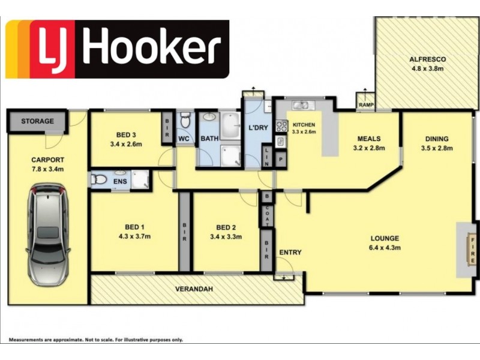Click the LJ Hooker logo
click(x=118, y=49)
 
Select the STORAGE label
click(x=37, y=121)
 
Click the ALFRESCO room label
click(x=427, y=59)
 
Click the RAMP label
click(x=365, y=105)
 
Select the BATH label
click(x=209, y=139)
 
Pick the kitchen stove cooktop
click(x=280, y=126)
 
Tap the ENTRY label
click(x=290, y=253)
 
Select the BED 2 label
click(x=225, y=227)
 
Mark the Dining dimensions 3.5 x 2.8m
click(x=436, y=148)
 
